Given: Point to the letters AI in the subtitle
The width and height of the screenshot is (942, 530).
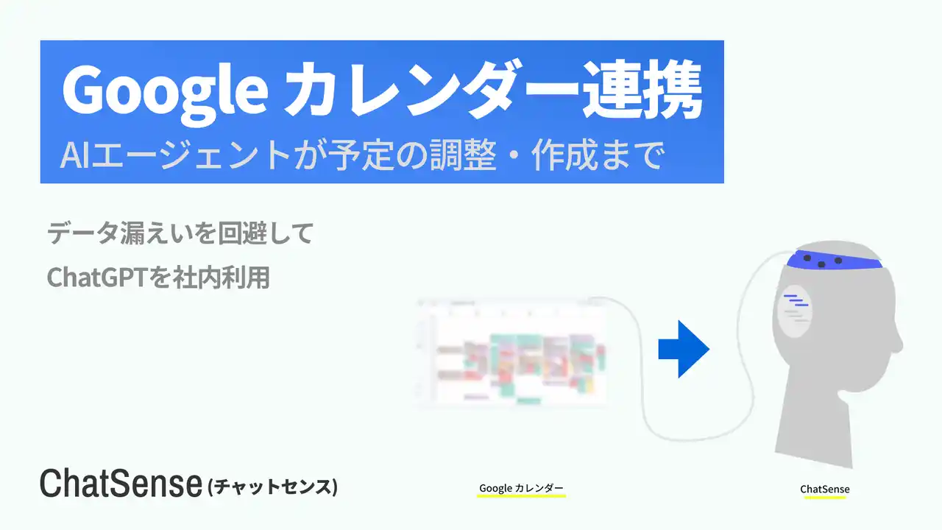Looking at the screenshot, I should pyautogui.click(x=76, y=155).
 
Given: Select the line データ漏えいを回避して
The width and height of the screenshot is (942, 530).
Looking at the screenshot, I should pyautogui.click(x=180, y=234).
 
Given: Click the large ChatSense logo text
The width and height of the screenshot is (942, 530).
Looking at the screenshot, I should pyautogui.click(x=121, y=484).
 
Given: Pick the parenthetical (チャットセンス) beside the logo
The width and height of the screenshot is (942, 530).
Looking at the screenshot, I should pyautogui.click(x=273, y=487).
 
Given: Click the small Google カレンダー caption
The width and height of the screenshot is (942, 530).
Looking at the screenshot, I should pyautogui.click(x=521, y=488).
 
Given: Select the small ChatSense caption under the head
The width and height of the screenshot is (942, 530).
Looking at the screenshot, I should pyautogui.click(x=825, y=490).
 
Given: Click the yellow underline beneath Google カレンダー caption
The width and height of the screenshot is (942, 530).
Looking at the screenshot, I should pyautogui.click(x=521, y=497).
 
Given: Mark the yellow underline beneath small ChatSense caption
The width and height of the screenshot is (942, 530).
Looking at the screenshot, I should pyautogui.click(x=825, y=498).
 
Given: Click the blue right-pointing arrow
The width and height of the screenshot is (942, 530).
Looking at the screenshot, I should pyautogui.click(x=684, y=349).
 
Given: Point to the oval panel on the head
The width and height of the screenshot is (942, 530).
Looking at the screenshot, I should pyautogui.click(x=794, y=311).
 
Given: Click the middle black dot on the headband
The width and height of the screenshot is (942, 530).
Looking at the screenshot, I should pyautogui.click(x=822, y=263).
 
